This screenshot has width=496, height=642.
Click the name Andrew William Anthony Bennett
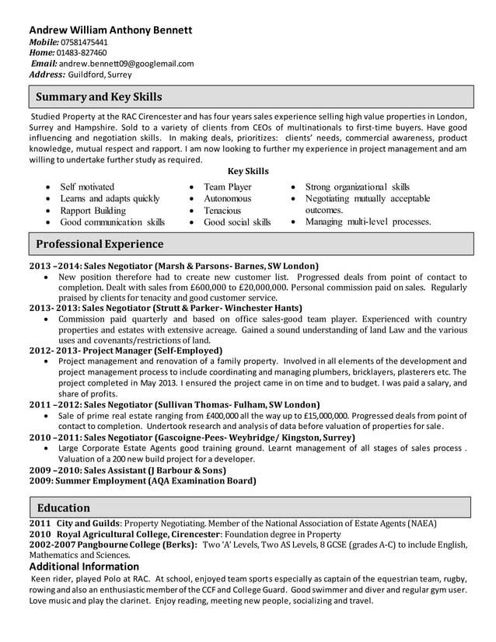coord(110,30)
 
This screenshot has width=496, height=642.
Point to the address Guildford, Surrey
coord(100,75)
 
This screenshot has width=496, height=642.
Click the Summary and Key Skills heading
coord(100,97)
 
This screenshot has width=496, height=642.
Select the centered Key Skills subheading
coord(248,171)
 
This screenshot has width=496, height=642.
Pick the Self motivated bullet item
coord(87,187)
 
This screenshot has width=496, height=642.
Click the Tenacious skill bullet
coord(222,211)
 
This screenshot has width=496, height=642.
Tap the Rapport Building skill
coord(93,211)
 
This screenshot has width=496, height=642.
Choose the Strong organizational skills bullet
coord(357,187)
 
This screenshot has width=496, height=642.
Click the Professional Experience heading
coord(100,244)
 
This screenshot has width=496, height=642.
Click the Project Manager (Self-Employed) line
coord(126,351)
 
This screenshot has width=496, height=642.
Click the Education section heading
coord(64,508)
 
